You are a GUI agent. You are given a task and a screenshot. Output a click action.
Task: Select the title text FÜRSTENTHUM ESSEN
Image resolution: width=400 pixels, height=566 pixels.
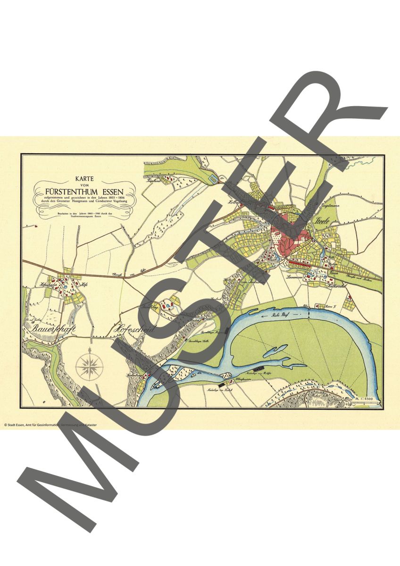pos(85,192)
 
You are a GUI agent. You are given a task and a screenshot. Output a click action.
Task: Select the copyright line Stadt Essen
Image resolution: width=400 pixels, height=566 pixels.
pos(50,424)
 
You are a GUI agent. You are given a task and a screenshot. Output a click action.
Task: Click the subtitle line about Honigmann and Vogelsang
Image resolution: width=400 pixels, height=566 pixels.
pos(85,202)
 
